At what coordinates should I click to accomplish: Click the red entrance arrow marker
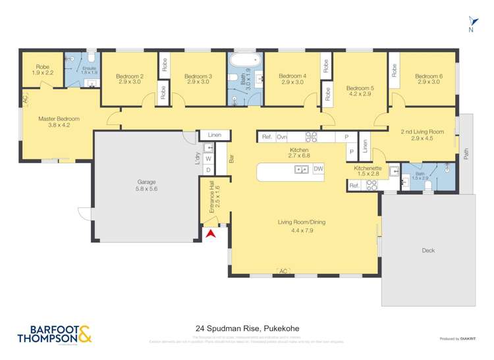[x=211, y=234]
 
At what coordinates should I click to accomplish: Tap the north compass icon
[x=471, y=24]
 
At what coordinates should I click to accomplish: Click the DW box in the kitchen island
[x=318, y=169]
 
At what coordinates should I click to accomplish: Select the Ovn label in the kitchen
[x=281, y=137]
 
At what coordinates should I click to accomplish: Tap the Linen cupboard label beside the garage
[x=215, y=136]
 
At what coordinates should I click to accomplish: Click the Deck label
[x=428, y=250]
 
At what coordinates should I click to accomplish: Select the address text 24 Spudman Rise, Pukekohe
[x=246, y=327]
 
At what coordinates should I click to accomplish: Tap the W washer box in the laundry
[x=208, y=159]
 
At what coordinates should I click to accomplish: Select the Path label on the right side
[x=466, y=153]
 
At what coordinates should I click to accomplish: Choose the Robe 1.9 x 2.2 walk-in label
[x=42, y=70]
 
